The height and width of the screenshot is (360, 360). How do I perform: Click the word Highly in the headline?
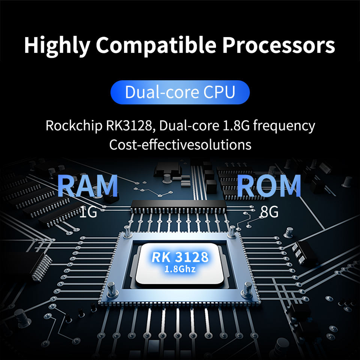[x=57, y=45]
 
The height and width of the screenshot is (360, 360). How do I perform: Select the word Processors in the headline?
[x=278, y=45]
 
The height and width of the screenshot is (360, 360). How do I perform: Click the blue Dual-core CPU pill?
[x=180, y=92]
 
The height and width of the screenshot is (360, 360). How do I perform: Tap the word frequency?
[x=284, y=126]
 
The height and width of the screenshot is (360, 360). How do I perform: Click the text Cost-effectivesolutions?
[x=180, y=145]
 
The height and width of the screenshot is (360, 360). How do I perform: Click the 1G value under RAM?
[x=88, y=212]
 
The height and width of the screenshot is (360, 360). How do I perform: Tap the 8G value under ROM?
[x=269, y=212]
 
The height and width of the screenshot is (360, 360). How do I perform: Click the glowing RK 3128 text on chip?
[x=180, y=257]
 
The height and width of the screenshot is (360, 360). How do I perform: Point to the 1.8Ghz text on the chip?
[x=180, y=269]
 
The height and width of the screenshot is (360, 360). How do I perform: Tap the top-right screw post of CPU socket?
[x=232, y=232]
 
